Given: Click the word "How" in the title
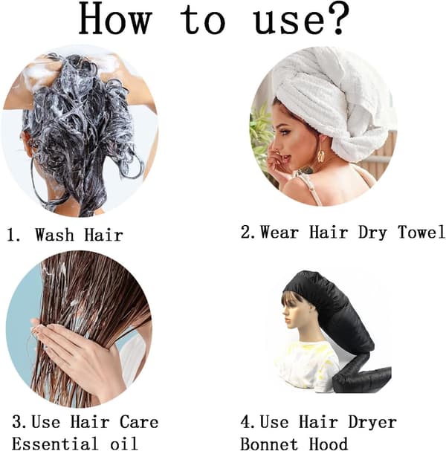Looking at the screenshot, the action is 114,19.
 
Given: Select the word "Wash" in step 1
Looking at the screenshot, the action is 55,235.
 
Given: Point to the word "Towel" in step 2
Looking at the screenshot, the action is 421,232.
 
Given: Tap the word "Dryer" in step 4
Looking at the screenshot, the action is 372,423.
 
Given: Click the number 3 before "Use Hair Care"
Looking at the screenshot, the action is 19,422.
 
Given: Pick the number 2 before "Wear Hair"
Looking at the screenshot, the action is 248,232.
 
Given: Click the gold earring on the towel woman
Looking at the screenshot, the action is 321,156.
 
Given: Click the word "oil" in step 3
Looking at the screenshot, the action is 123,444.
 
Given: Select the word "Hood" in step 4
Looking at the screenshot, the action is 328,444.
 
